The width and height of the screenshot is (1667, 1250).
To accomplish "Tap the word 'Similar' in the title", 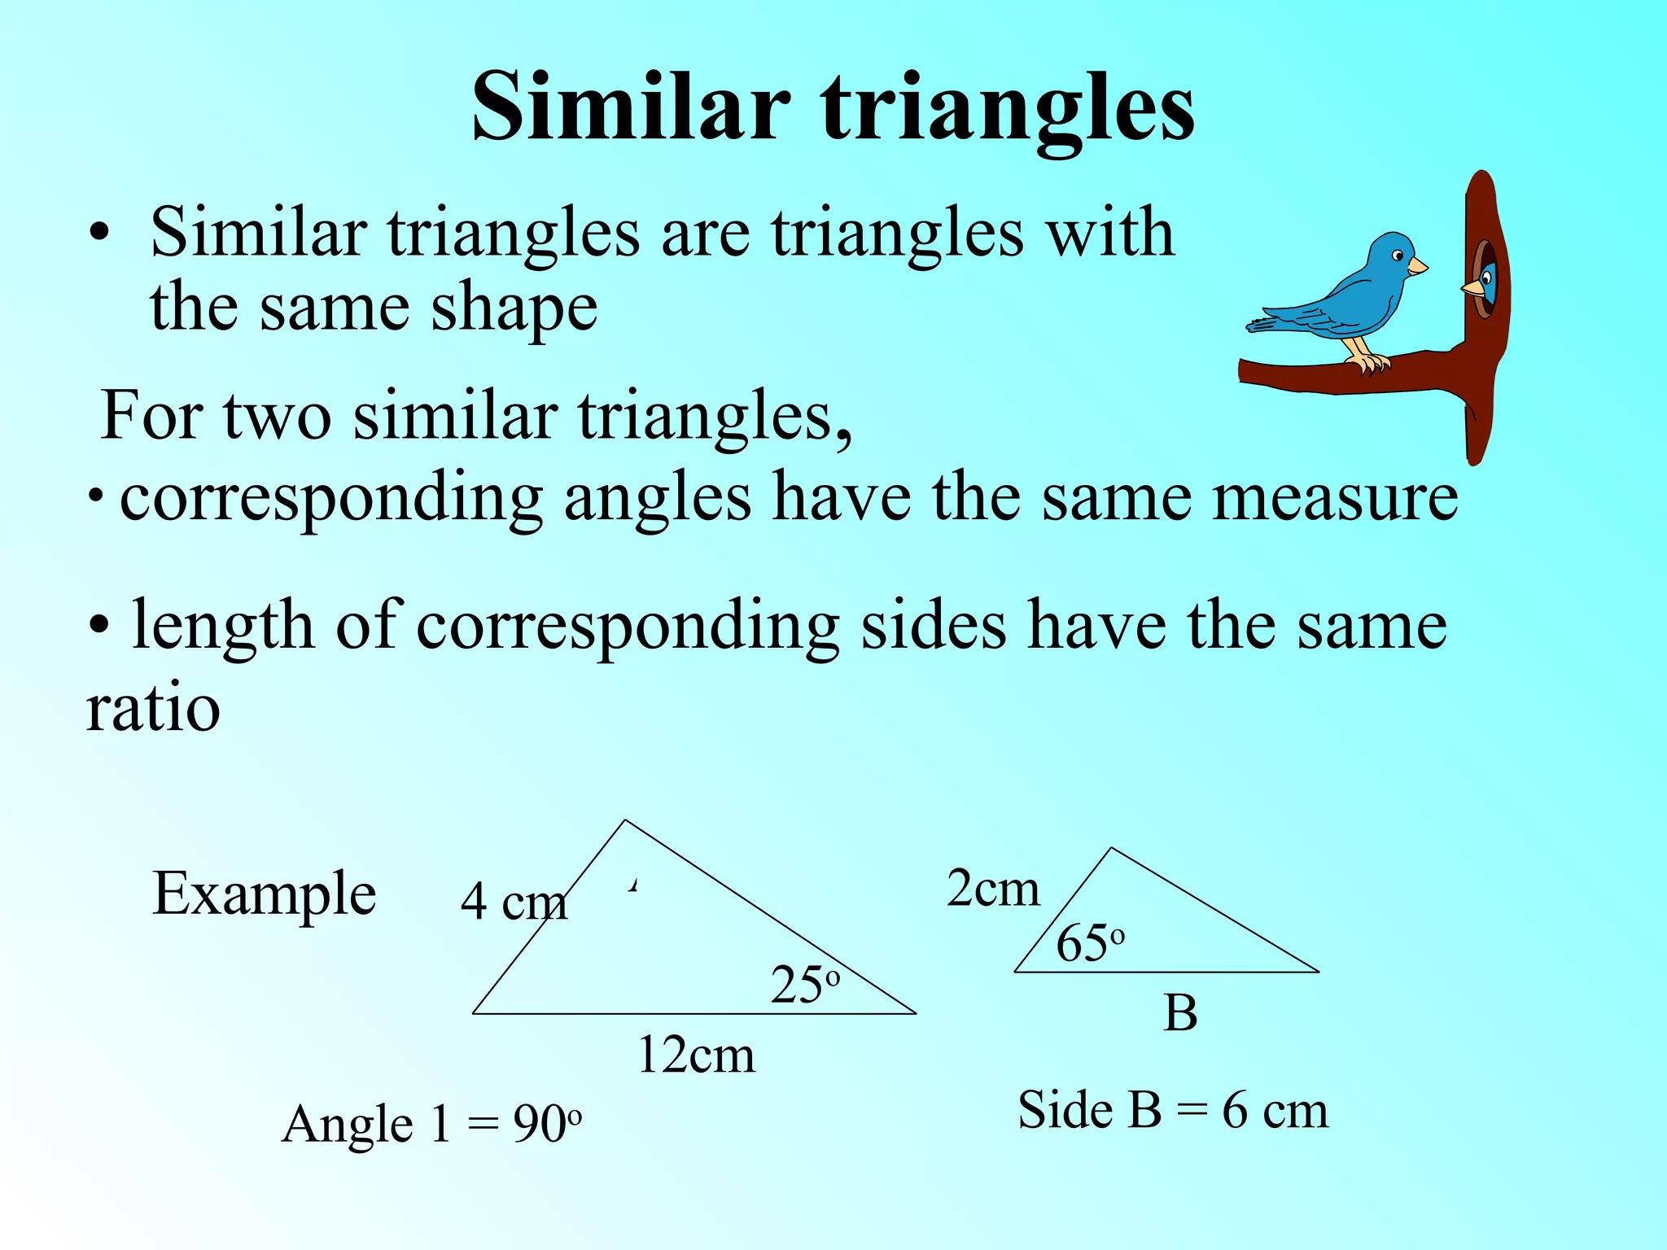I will click(x=631, y=107).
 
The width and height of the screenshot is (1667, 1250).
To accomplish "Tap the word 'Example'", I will click(x=264, y=895).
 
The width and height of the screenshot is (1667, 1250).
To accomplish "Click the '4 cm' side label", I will click(x=514, y=903).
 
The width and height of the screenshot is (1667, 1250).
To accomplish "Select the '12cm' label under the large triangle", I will click(x=696, y=1056).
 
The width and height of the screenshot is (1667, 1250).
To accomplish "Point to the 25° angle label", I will click(x=804, y=985).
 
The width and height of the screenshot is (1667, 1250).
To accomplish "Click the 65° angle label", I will click(x=1090, y=944).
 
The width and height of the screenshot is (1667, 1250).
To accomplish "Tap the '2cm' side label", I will click(x=993, y=888).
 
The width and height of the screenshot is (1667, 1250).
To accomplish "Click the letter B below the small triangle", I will click(x=1180, y=1014).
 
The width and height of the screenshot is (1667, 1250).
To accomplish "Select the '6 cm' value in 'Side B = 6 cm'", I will click(x=1275, y=1110).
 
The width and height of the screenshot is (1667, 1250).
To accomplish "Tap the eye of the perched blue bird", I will click(x=1398, y=256).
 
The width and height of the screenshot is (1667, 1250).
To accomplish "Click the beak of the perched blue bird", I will click(x=1417, y=266).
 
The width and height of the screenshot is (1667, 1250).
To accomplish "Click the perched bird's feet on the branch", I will click(x=1370, y=362).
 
